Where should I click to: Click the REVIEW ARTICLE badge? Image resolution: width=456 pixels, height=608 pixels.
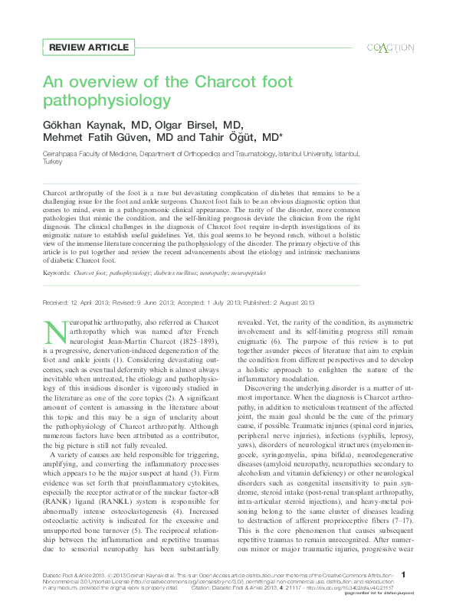(88, 47)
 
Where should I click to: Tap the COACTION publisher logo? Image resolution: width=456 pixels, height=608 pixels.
(391, 47)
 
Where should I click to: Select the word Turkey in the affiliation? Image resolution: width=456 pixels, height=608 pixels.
(52, 162)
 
